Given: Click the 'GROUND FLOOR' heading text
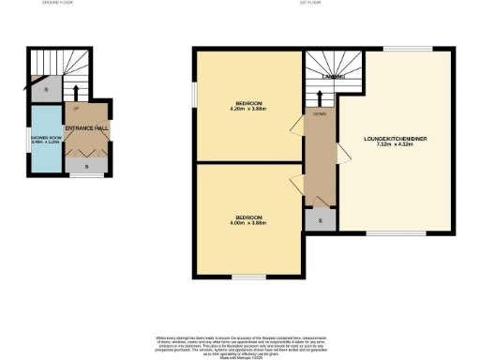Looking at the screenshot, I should (58, 4).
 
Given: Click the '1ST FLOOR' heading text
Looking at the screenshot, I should (309, 4).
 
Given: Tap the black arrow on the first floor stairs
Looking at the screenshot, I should (320, 97).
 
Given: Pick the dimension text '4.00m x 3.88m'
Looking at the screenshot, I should (249, 223).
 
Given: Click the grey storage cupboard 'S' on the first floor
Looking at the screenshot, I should (320, 219).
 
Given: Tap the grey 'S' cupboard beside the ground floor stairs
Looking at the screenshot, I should (48, 91).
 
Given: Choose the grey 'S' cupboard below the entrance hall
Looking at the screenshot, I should (87, 166).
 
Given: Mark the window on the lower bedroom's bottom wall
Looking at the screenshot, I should (248, 277).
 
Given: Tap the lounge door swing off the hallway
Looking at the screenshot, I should (342, 151).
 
